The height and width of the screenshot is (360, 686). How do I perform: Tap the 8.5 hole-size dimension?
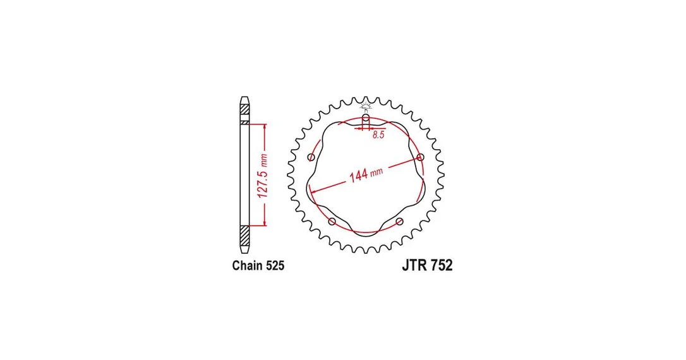tap(378, 135)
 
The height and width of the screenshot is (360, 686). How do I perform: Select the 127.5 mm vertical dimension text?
tap(263, 176)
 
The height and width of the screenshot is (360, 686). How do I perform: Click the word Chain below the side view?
tap(248, 265)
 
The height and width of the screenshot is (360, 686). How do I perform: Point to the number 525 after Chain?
tap(275, 265)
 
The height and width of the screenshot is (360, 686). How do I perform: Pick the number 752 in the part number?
tap(442, 265)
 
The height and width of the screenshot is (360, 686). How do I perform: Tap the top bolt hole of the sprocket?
tap(366, 117)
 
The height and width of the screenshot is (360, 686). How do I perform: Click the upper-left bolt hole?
tap(311, 157)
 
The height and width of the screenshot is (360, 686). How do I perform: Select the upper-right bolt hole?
tap(421, 157)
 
